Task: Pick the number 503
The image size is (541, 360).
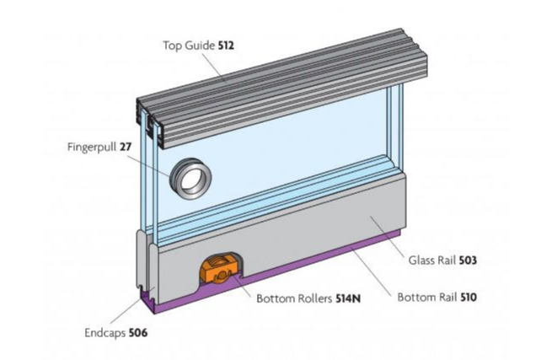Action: click(468, 261)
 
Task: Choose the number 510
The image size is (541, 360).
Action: click(466, 297)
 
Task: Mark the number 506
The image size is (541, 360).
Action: click(139, 331)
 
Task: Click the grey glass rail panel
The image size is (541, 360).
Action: click(320, 228)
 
